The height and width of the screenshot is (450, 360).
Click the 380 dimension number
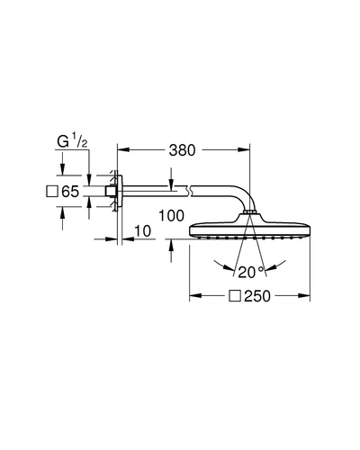182,150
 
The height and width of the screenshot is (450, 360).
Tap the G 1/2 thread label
72,141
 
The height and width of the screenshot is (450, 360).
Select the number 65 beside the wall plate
70,192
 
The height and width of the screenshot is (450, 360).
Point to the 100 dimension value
171,216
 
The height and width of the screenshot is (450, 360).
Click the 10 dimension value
142,231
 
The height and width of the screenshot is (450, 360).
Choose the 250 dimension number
257,296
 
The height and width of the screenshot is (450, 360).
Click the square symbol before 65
52,192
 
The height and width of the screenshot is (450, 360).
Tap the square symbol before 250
235,296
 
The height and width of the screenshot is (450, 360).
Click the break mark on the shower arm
188,191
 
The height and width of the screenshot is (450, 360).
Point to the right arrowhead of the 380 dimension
244,149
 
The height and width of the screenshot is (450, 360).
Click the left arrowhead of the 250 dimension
195,296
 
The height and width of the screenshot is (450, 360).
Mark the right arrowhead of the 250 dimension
304,296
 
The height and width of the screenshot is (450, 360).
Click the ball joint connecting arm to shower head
249,211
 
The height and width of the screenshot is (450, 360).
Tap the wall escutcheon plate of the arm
120,191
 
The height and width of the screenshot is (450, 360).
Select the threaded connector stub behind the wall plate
109,191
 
